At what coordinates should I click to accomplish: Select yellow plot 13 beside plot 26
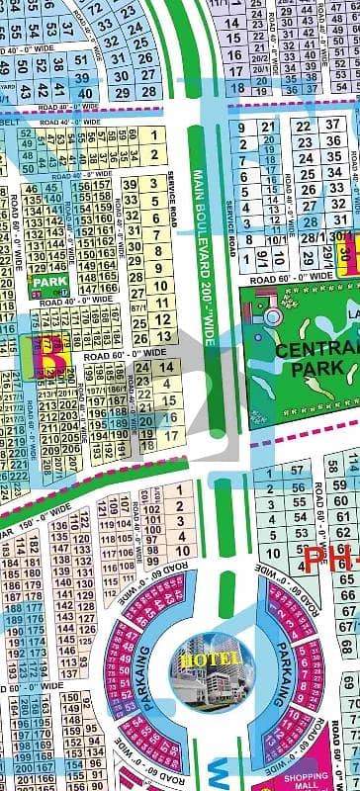165,337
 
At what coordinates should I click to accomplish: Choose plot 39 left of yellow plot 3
132,186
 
